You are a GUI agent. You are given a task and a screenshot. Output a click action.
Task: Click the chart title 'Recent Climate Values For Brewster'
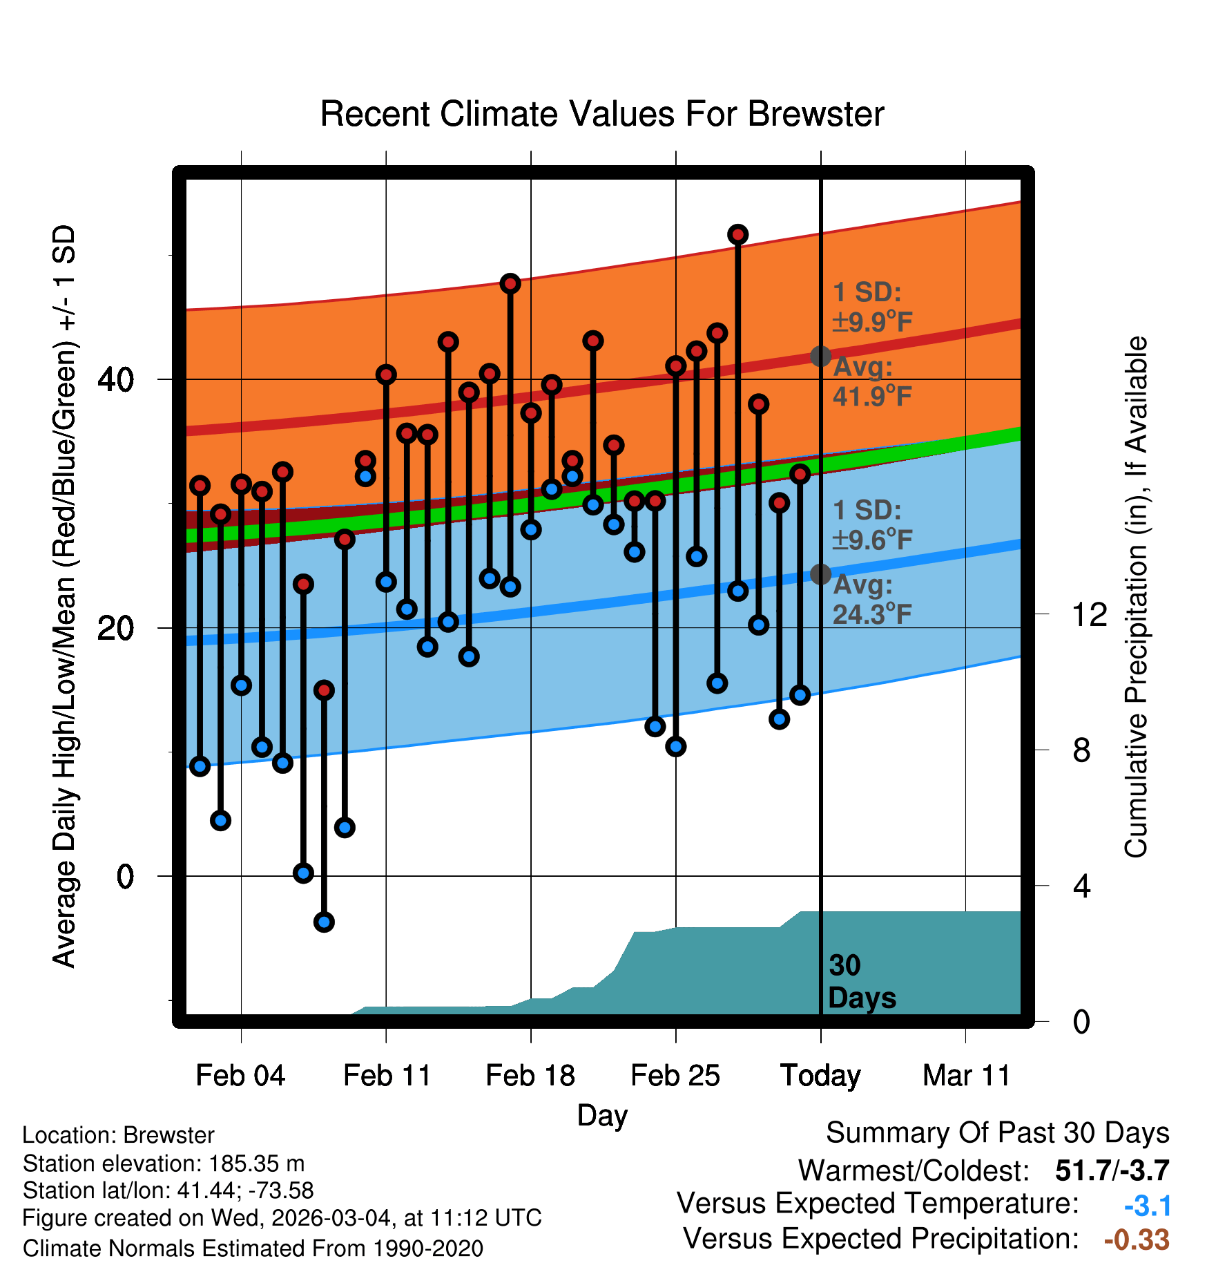(x=602, y=115)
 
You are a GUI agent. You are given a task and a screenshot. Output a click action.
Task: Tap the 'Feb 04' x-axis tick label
(x=240, y=1076)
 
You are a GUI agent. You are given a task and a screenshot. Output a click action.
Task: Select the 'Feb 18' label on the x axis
(x=530, y=1076)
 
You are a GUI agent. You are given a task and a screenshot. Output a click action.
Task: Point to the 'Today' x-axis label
(x=820, y=1076)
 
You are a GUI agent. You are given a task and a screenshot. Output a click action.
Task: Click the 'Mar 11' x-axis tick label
(x=966, y=1076)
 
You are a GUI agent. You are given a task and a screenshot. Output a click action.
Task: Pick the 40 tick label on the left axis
(x=116, y=379)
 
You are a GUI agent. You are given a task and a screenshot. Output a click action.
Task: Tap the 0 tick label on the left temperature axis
(x=125, y=877)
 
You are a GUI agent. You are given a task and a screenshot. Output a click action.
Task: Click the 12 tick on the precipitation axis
(x=1089, y=614)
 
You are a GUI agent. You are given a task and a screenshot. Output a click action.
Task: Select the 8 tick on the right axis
(x=1081, y=750)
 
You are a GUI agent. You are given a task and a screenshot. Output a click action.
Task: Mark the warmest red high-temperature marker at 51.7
(x=738, y=235)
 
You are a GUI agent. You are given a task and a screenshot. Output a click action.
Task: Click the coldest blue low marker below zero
(x=324, y=922)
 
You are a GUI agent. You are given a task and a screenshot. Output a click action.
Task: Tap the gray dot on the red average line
(x=820, y=357)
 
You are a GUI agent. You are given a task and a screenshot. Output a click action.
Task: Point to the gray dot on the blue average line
(x=820, y=574)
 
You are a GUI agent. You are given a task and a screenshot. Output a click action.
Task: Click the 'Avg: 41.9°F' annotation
(x=872, y=381)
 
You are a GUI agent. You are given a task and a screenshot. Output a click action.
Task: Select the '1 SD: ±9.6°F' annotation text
(x=872, y=525)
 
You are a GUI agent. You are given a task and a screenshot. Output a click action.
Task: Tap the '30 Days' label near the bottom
(x=861, y=982)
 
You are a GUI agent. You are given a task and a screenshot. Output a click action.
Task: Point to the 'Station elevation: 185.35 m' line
(x=164, y=1164)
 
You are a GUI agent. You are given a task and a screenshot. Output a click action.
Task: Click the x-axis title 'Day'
(x=602, y=1115)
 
